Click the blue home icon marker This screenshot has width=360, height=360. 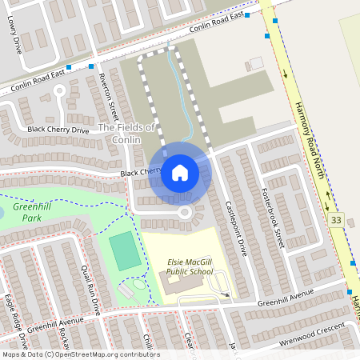180,172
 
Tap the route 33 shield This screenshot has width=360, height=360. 336,220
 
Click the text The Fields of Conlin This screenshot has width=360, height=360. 126,134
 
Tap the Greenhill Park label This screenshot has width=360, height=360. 27,212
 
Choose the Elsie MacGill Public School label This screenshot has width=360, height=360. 190,267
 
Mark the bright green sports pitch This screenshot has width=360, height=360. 125,250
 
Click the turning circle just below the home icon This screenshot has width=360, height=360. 185,213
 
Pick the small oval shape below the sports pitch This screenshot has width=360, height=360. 139,284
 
